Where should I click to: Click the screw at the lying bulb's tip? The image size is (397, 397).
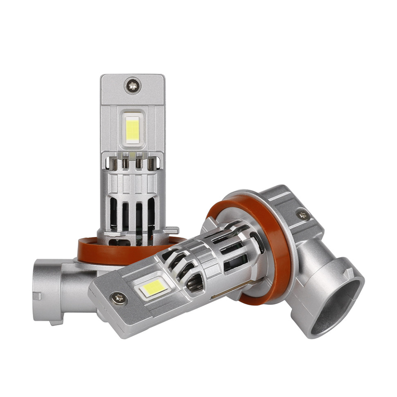pyautogui.click(x=120, y=298)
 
